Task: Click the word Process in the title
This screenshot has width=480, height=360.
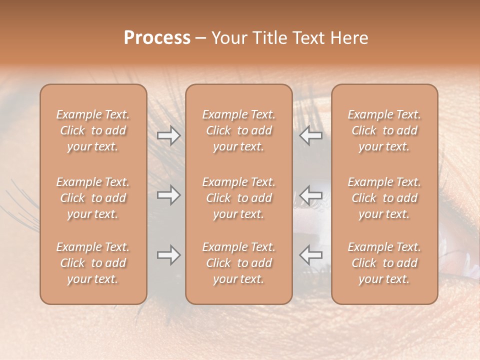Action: click(157, 38)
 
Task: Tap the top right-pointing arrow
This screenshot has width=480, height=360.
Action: click(168, 135)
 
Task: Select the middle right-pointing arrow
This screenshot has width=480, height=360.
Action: click(168, 195)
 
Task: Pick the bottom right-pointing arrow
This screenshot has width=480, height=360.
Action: click(168, 255)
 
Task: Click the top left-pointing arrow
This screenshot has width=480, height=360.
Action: click(310, 135)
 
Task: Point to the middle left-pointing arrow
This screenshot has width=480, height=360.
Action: click(310, 195)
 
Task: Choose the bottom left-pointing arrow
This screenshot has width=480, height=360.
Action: click(310, 255)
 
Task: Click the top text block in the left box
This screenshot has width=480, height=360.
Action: click(93, 130)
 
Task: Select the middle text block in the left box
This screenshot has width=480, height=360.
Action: click(93, 198)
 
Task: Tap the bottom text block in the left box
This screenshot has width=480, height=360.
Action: click(93, 263)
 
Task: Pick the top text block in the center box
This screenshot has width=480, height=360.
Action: click(239, 130)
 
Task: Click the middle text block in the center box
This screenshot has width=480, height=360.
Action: click(239, 198)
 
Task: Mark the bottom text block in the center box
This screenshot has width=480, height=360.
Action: click(239, 263)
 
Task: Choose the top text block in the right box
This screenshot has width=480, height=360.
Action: click(384, 130)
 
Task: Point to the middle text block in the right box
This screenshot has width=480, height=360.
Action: click(384, 198)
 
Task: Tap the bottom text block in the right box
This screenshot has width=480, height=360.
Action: click(384, 263)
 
